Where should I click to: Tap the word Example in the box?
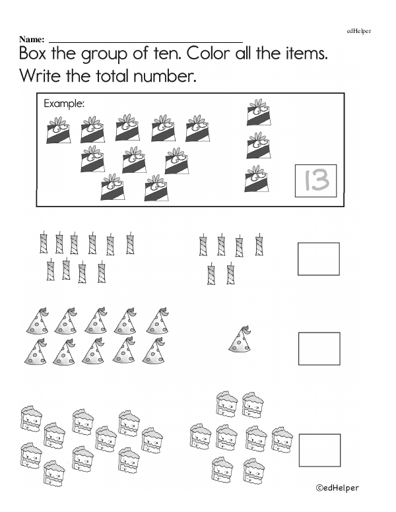click(64, 104)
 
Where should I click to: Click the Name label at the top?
click(32, 40)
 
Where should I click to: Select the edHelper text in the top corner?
click(359, 31)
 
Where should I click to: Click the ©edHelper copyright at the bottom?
click(337, 488)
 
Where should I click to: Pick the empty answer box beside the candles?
click(319, 243)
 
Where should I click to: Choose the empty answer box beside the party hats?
click(319, 333)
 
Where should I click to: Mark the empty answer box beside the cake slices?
click(319, 434)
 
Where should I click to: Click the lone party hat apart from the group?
click(240, 339)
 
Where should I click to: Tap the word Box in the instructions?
click(33, 53)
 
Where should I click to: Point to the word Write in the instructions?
click(40, 76)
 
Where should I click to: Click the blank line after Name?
click(146, 42)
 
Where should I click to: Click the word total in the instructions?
click(112, 76)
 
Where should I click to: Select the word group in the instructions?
click(104, 55)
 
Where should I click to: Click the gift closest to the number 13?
click(257, 179)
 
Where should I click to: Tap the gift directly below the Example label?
click(59, 130)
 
